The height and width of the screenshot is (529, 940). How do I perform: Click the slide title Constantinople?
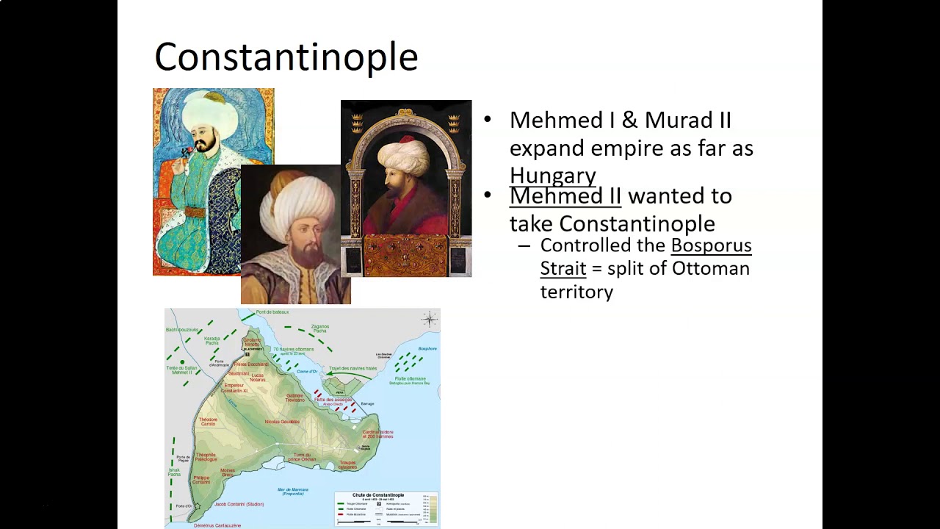click(x=286, y=57)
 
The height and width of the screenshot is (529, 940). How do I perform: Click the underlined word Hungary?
click(x=552, y=176)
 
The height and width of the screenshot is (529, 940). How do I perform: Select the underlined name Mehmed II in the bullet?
click(x=565, y=196)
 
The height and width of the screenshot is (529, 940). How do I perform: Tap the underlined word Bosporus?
click(x=711, y=245)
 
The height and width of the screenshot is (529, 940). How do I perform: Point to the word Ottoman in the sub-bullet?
click(x=710, y=268)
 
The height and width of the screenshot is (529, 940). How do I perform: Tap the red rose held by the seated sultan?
click(x=187, y=151)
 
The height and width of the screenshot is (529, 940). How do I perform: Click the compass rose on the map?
click(x=429, y=319)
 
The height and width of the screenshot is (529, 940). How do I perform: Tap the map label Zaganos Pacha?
click(x=320, y=328)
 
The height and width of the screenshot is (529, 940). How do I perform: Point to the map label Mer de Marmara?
click(x=292, y=491)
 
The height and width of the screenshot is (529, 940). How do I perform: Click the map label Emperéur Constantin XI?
click(x=235, y=388)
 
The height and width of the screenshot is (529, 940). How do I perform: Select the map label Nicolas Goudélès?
click(x=283, y=422)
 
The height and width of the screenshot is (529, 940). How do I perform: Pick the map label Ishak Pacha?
click(x=174, y=472)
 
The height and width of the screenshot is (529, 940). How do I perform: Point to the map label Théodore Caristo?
click(x=208, y=422)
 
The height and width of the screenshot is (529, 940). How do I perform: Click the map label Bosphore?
click(x=427, y=348)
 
